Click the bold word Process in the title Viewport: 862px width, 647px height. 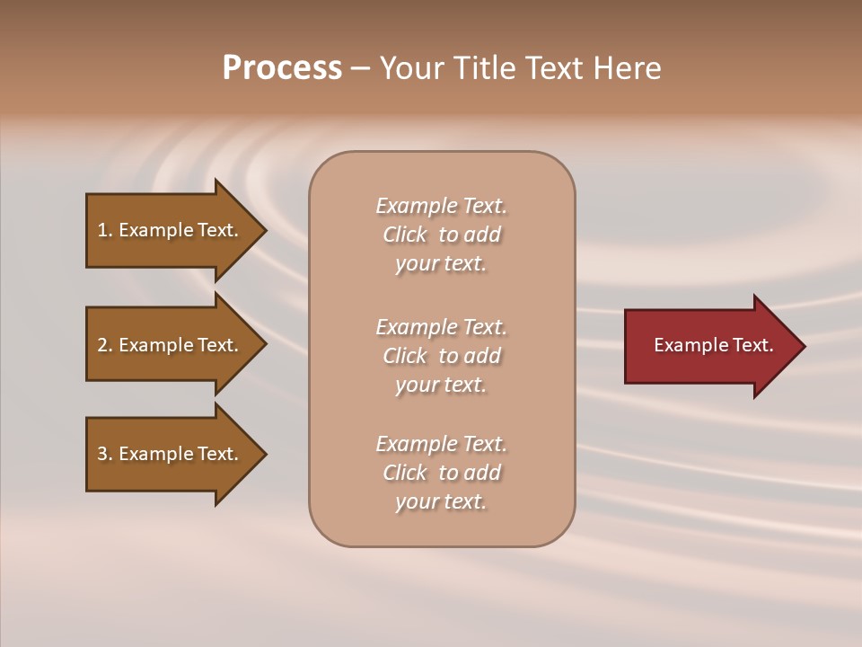tap(282, 68)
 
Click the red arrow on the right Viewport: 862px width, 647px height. tap(709, 345)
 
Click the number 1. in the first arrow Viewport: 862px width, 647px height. tap(105, 230)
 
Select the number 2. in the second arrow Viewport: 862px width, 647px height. tap(105, 345)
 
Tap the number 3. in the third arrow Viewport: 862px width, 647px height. tap(105, 454)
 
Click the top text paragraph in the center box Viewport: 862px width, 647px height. tap(441, 235)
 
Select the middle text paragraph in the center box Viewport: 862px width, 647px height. tap(441, 356)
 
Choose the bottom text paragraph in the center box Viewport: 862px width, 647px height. tap(441, 473)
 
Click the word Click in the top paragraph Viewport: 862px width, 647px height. tap(405, 235)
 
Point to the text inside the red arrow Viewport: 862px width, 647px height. tap(713, 345)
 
